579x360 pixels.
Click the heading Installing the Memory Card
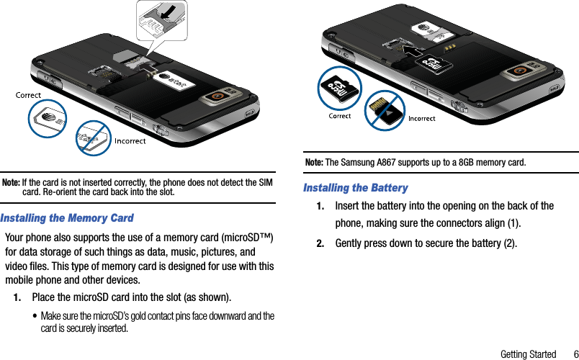click(x=68, y=217)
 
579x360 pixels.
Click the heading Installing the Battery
click(x=356, y=188)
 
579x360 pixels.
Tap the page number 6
click(x=575, y=354)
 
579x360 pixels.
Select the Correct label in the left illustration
click(x=29, y=95)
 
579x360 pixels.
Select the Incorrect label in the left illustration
click(x=130, y=141)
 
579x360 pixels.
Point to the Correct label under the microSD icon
click(x=340, y=116)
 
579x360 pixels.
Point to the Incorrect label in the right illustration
click(x=422, y=119)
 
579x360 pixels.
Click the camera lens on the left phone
click(x=215, y=96)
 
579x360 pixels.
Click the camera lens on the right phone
click(x=518, y=71)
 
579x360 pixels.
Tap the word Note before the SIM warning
click(x=11, y=182)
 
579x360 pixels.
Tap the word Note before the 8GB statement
click(x=314, y=162)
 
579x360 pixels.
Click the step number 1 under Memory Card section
click(x=17, y=297)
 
